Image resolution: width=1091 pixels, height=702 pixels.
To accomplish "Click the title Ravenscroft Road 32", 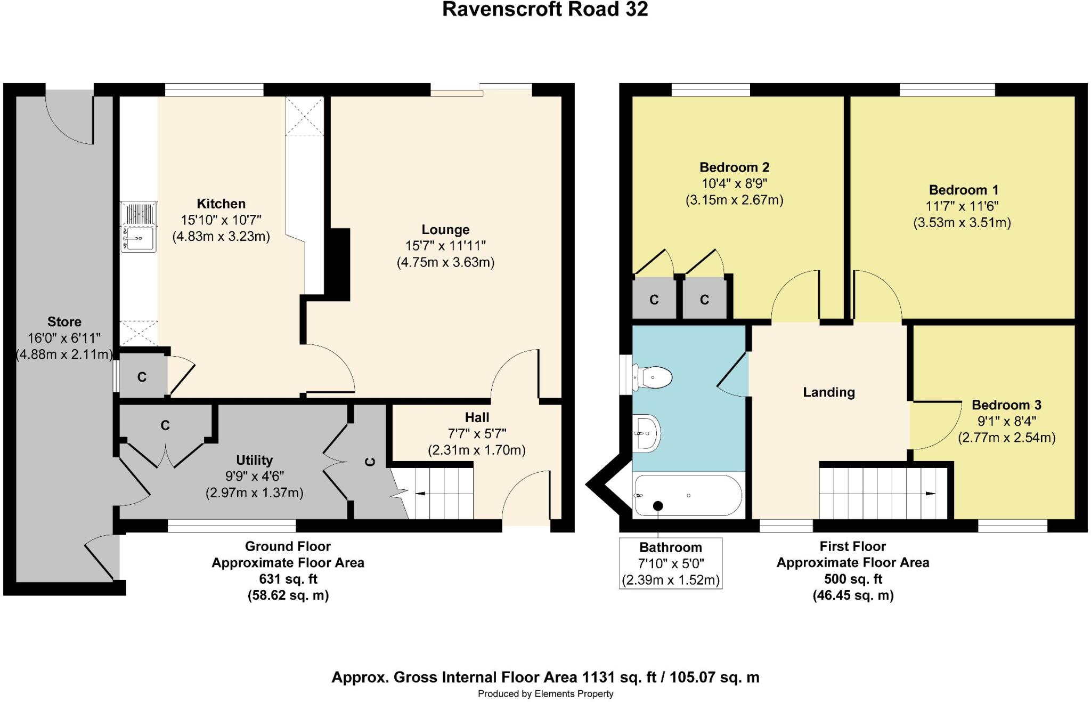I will [545, 10].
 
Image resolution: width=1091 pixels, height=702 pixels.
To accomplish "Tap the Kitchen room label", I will [221, 204].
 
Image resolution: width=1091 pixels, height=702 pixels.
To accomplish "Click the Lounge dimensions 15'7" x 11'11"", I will [445, 246].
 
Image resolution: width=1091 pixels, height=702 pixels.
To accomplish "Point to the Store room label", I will [64, 321].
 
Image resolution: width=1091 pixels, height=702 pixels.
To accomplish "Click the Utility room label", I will [254, 460].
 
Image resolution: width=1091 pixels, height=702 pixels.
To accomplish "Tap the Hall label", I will [477, 417].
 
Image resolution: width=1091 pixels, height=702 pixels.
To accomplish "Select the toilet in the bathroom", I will [653, 377].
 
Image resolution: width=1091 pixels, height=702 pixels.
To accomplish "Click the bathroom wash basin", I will [646, 433].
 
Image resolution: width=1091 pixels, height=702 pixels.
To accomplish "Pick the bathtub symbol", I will [687, 496].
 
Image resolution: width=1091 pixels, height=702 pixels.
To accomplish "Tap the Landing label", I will [829, 392].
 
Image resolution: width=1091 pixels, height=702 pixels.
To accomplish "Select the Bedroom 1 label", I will [963, 190].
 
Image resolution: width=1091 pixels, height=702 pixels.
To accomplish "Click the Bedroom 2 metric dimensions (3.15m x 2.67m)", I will [734, 200].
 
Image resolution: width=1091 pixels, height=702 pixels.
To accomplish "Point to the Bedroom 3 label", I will [1006, 405].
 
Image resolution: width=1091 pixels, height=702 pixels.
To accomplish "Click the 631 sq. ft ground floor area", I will [288, 579].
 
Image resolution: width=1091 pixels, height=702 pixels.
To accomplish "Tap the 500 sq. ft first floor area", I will [853, 579].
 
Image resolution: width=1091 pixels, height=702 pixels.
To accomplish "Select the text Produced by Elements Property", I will [545, 693].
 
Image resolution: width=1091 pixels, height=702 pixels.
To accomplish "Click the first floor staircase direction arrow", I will [930, 494].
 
